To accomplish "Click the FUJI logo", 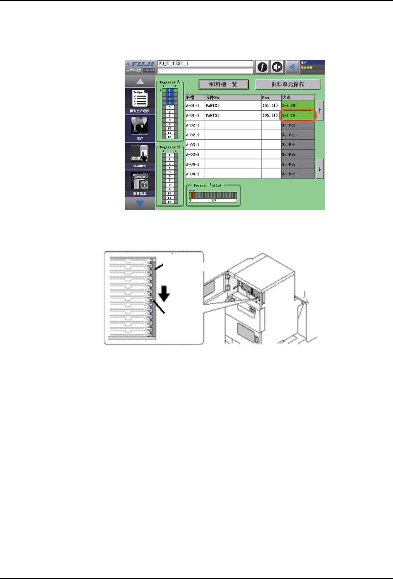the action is tap(140, 64).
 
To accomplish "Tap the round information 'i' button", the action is tap(262, 67).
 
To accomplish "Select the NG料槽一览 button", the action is tap(223, 84).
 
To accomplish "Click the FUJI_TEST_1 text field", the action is tap(205, 64).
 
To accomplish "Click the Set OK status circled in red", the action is tap(298, 115).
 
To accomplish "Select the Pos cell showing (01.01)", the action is tap(270, 106).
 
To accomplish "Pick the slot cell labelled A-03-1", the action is tap(195, 145).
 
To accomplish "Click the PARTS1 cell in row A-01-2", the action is tap(233, 115).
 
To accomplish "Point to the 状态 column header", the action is tap(298, 97).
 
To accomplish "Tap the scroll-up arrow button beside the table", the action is tap(320, 110).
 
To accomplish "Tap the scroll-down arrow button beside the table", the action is tap(320, 169).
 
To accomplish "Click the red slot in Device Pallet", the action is tap(193, 195).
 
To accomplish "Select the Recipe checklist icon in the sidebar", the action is tap(140, 99).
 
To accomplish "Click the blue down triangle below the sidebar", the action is tap(140, 204).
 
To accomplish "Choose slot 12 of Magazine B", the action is tap(170, 202).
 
